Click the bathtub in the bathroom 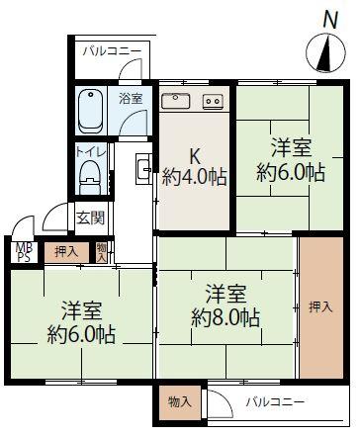pos(90,113)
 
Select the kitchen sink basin pos(176,101)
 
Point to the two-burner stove pos(213,101)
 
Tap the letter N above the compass pos(330,20)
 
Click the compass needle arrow pos(325,55)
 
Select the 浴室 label pos(131,99)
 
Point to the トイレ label pos(91,152)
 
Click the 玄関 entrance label pos(90,218)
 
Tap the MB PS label pos(24,252)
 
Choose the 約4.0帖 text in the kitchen pos(195,178)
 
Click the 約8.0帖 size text pos(225,317)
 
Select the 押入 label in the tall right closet pos(320,307)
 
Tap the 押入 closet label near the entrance pos(66,252)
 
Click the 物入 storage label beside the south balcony pos(179,401)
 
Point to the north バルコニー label pos(112,51)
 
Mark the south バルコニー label pos(275,401)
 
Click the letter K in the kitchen pos(195,157)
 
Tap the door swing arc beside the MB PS pos(23,221)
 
